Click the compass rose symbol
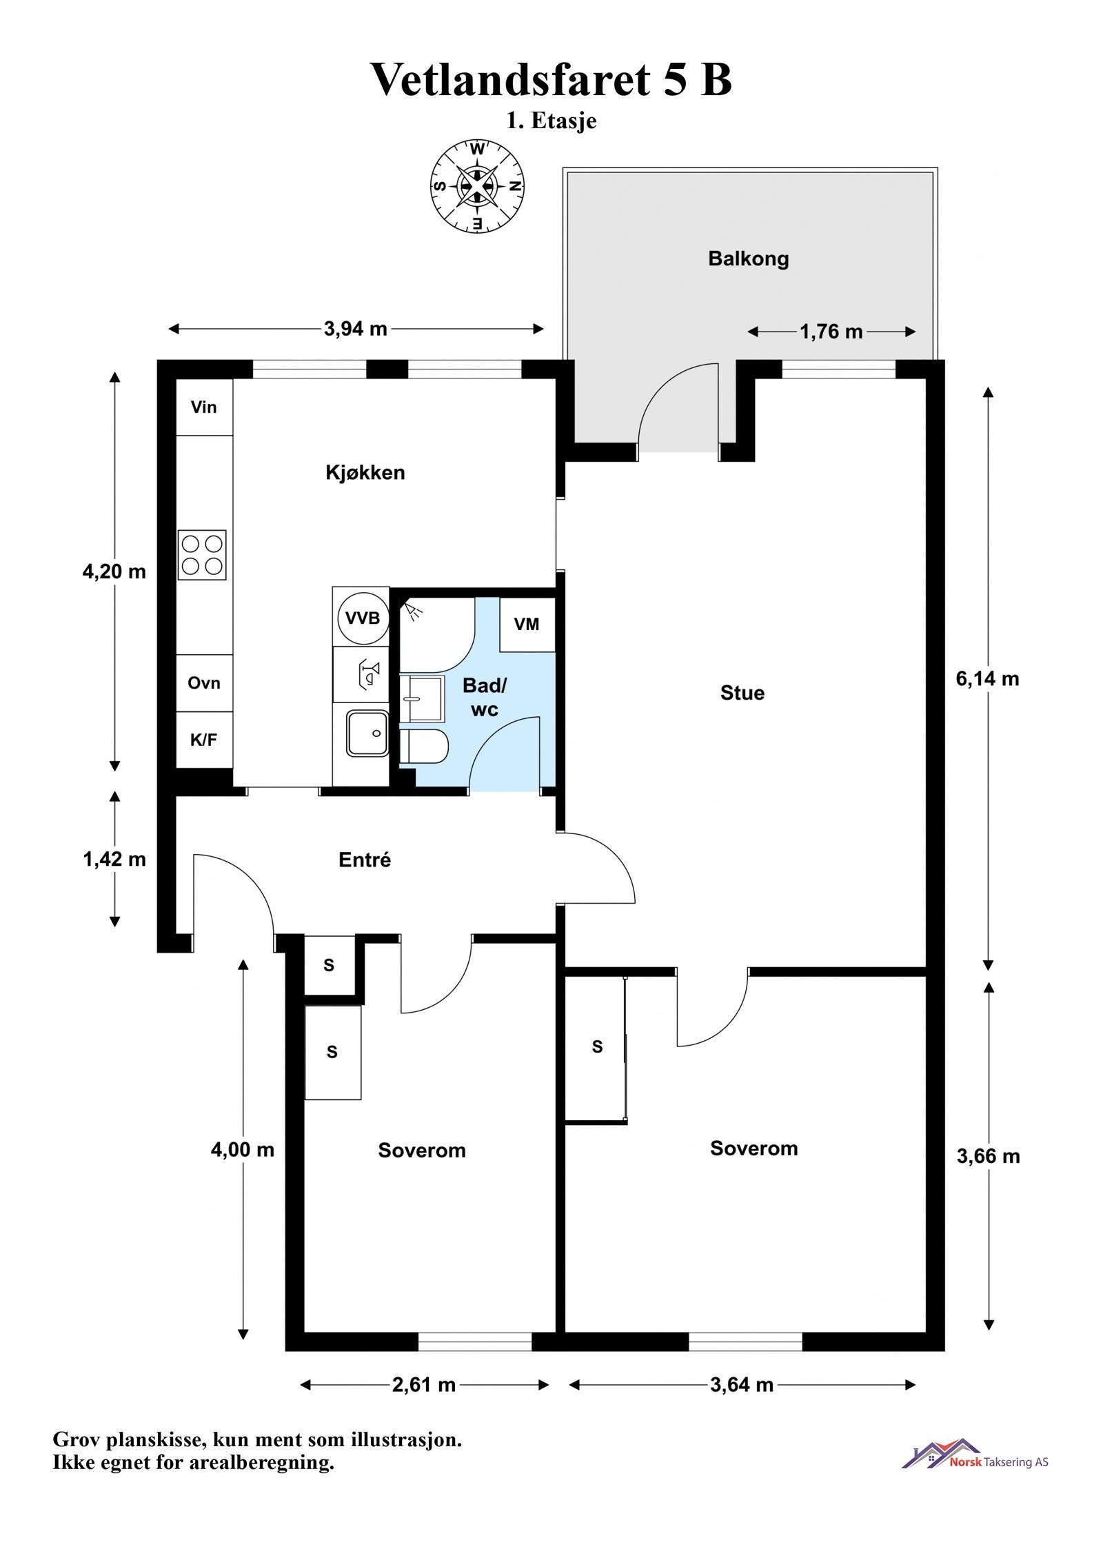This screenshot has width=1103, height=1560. (477, 185)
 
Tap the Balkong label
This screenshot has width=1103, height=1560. (748, 259)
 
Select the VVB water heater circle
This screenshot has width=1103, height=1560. (363, 618)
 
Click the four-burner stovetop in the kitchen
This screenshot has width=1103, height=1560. (202, 555)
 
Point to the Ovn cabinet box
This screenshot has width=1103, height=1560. (204, 683)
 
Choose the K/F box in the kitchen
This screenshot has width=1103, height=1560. (204, 740)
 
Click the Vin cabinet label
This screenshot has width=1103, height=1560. (204, 407)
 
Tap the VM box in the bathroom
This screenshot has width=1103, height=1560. (527, 625)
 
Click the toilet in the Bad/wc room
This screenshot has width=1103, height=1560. (425, 747)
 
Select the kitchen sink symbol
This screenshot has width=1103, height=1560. (367, 733)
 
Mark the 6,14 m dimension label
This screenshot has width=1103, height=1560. (987, 679)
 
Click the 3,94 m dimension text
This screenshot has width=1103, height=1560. (356, 329)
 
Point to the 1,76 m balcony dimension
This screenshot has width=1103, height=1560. (831, 332)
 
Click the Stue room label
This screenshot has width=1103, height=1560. (742, 693)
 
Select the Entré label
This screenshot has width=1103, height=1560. (365, 860)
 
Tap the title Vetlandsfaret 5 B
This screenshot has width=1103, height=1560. (551, 79)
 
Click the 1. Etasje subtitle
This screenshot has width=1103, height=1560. (551, 121)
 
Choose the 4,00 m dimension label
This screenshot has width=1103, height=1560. (243, 1150)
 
